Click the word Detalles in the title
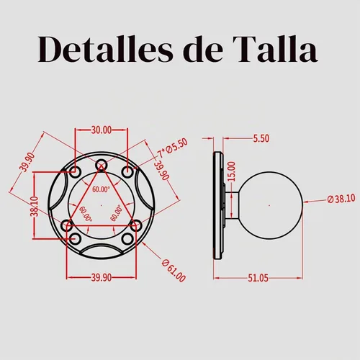point(105,50)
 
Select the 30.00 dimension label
point(102,130)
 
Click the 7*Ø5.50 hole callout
point(172,148)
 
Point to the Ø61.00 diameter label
point(174,271)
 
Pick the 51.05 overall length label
point(258,278)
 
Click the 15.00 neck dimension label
point(232,171)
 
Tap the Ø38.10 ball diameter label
point(341,199)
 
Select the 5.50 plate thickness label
point(261,138)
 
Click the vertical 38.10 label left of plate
point(35,206)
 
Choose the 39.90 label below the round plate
point(102,278)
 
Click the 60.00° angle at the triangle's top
point(101,189)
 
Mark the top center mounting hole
point(102,165)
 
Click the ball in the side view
point(271,205)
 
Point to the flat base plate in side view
point(218,205)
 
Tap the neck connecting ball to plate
point(231,205)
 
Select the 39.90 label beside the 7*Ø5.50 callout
point(161,171)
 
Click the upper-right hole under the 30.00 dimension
point(127,172)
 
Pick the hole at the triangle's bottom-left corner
point(66,225)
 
